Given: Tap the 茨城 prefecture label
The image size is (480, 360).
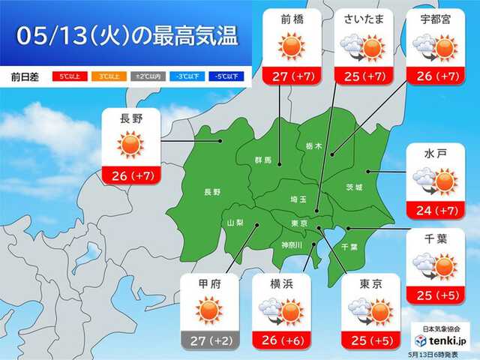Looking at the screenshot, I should [x=354, y=187].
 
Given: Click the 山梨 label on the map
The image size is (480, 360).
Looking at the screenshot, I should [x=235, y=223].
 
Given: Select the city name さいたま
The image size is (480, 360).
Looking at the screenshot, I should [x=362, y=19].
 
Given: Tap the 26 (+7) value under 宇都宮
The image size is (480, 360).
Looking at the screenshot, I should [x=433, y=76].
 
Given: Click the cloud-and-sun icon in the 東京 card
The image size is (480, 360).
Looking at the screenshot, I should [x=370, y=310].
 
